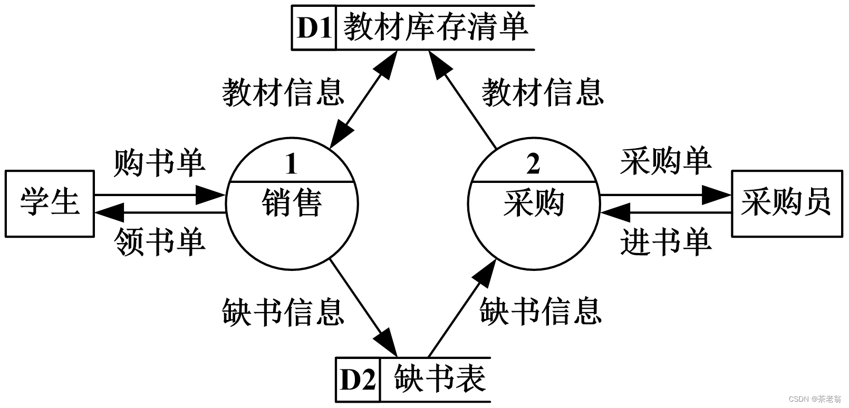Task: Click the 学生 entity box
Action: [x=50, y=203]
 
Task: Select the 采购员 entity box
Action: [x=786, y=203]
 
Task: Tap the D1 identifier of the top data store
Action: [x=314, y=28]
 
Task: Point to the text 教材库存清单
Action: [x=436, y=27]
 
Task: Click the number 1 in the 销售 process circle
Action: [x=291, y=165]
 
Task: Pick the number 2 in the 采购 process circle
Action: [x=533, y=165]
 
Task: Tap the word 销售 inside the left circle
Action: [x=292, y=203]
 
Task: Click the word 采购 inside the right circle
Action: [x=534, y=203]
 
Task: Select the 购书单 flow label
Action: [x=159, y=163]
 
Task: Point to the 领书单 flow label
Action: [x=159, y=242]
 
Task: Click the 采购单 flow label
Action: [x=665, y=161]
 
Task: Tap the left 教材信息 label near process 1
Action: [x=283, y=92]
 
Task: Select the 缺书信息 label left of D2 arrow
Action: [x=283, y=311]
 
